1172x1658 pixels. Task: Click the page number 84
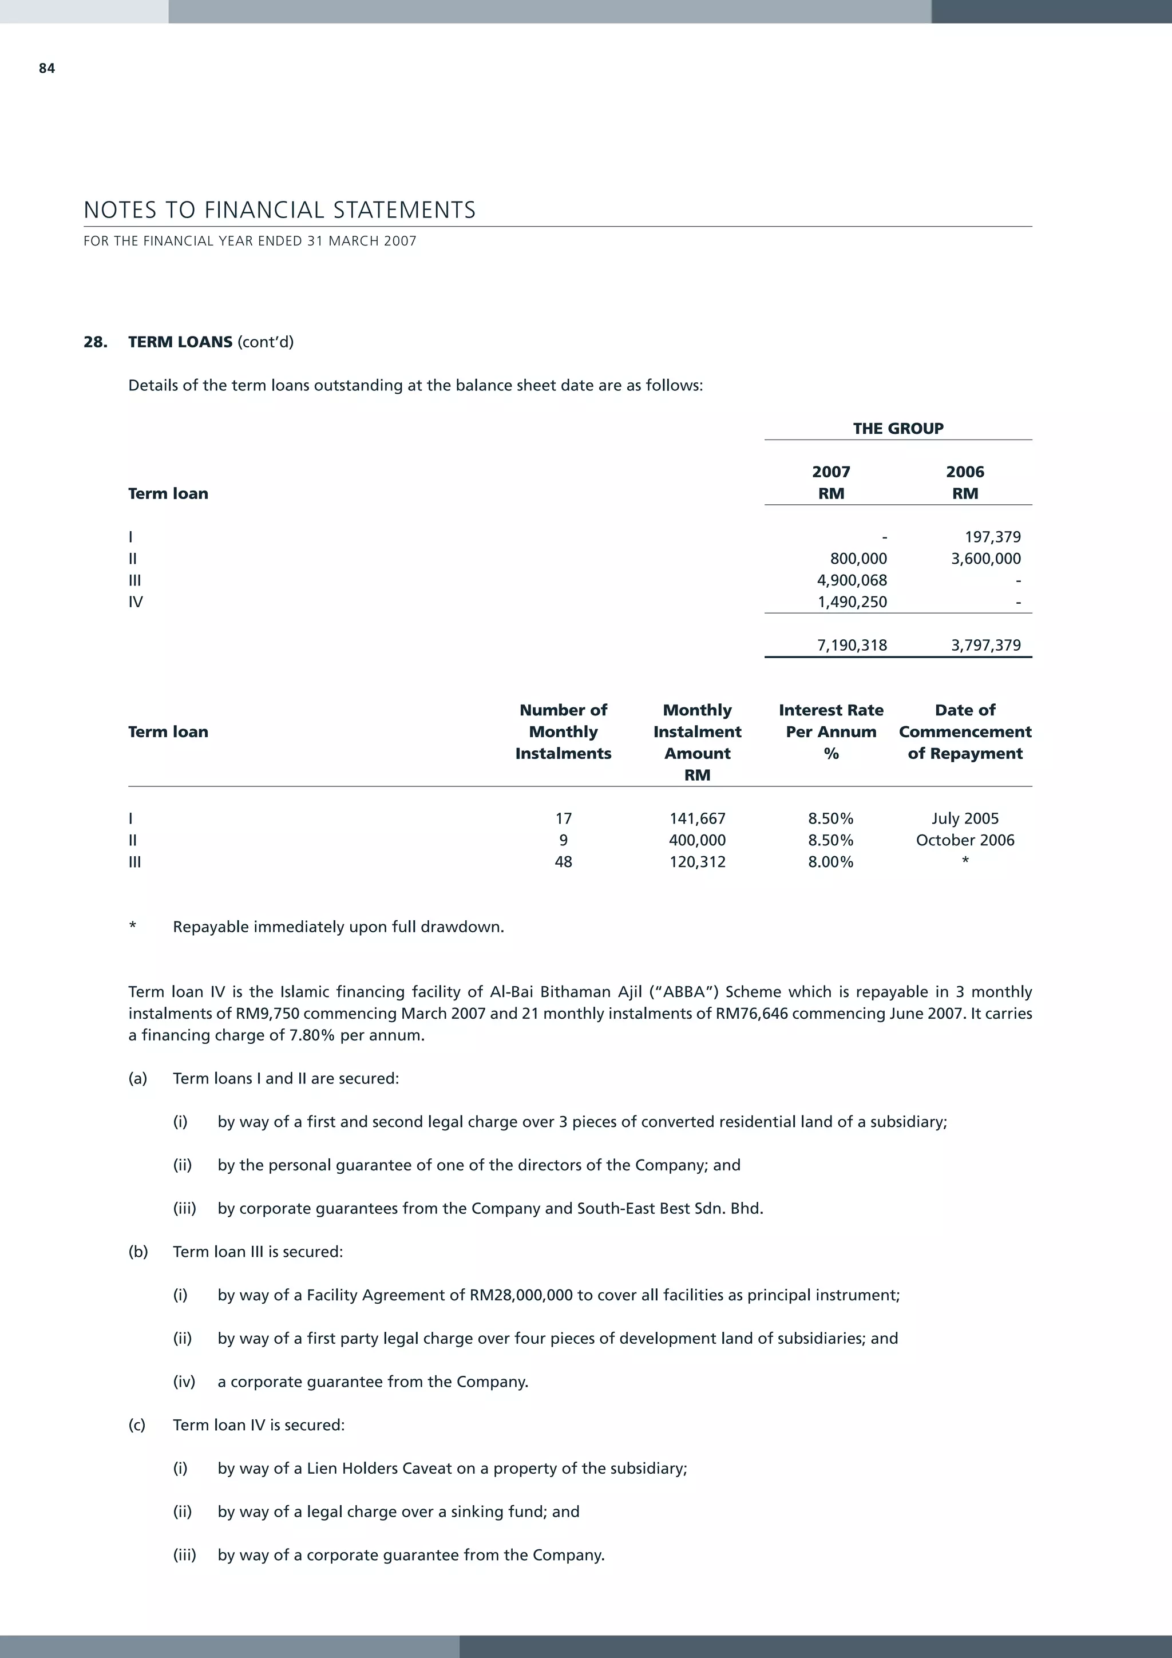click(x=47, y=69)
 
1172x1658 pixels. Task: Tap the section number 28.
click(x=96, y=342)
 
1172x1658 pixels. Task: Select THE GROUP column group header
click(x=897, y=428)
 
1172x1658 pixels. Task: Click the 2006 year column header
click(x=965, y=472)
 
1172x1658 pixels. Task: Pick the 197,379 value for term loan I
click(x=992, y=536)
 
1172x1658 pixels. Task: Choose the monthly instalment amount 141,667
click(x=697, y=818)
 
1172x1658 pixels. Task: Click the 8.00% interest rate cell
click(x=830, y=861)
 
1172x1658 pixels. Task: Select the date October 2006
click(x=965, y=840)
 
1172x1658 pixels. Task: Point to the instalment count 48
click(x=563, y=861)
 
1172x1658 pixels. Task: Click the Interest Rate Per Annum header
click(x=830, y=731)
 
